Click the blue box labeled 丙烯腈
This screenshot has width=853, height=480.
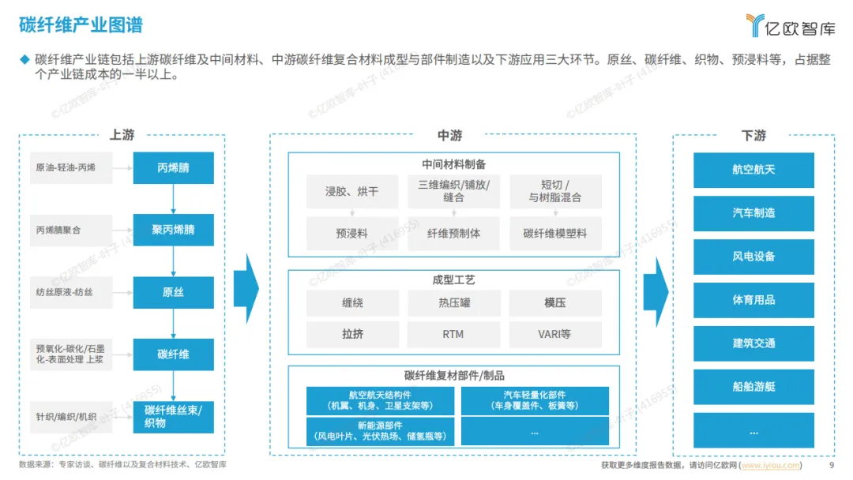pyautogui.click(x=173, y=168)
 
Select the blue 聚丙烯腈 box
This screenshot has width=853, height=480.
pyautogui.click(x=173, y=231)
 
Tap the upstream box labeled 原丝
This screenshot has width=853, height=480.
pyautogui.click(x=173, y=293)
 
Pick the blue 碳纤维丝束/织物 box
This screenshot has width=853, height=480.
pyautogui.click(x=173, y=417)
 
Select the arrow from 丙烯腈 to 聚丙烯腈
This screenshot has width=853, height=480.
pyautogui.click(x=173, y=199)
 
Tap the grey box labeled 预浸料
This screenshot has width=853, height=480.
pyautogui.click(x=351, y=234)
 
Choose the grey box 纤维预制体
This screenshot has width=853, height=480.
pyautogui.click(x=454, y=234)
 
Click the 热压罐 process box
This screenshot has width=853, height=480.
pyautogui.click(x=454, y=302)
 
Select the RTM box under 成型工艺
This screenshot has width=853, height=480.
pyautogui.click(x=454, y=335)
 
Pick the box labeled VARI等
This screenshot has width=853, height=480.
pyautogui.click(x=554, y=335)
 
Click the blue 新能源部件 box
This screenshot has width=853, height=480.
pyautogui.click(x=380, y=431)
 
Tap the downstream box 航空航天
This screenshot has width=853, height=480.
pyautogui.click(x=753, y=171)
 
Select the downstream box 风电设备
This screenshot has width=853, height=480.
pyautogui.click(x=753, y=257)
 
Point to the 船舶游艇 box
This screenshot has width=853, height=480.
pyautogui.click(x=753, y=387)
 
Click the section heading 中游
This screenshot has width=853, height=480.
pyautogui.click(x=450, y=136)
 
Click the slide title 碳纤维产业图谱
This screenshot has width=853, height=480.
pyautogui.click(x=81, y=25)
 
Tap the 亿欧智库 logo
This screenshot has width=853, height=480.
pyautogui.click(x=789, y=25)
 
